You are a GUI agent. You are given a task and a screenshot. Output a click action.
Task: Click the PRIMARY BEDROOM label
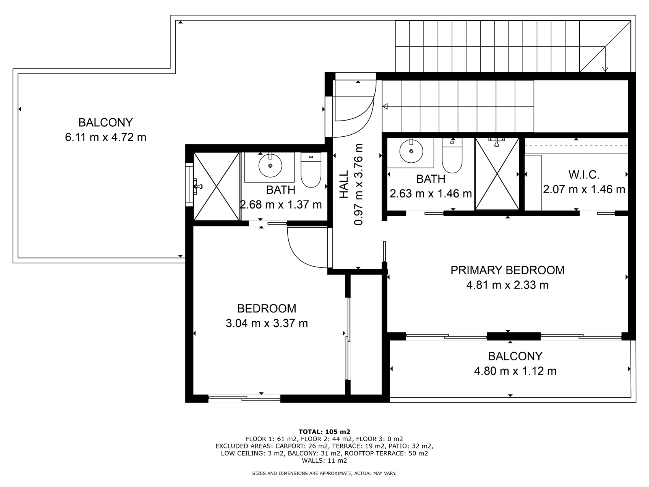pos(507,270)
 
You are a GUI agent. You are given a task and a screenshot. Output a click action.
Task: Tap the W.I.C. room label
pos(584,175)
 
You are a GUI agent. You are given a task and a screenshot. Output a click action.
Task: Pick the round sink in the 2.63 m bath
pos(411,151)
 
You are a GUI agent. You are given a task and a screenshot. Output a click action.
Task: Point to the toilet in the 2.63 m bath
pos(452,155)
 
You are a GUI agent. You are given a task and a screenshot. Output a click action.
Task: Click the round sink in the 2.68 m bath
pos(270,165)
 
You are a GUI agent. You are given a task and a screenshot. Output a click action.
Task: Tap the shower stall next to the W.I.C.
pos(497,174)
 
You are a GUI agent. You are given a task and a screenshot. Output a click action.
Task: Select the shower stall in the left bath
pos(216,186)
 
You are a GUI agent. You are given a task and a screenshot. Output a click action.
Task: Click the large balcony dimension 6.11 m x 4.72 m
pos(105,138)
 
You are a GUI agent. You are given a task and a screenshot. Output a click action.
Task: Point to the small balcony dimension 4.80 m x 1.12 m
pos(515,371)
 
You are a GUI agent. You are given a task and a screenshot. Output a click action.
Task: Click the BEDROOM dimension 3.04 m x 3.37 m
pos(266,323)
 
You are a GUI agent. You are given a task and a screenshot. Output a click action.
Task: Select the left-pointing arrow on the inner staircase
pos(385,106)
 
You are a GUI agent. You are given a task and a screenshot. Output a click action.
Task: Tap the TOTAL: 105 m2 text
pos(324,432)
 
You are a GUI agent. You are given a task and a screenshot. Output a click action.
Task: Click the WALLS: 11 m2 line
pos(324,461)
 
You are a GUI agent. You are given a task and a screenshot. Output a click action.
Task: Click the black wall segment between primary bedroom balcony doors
pos(513,336)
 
